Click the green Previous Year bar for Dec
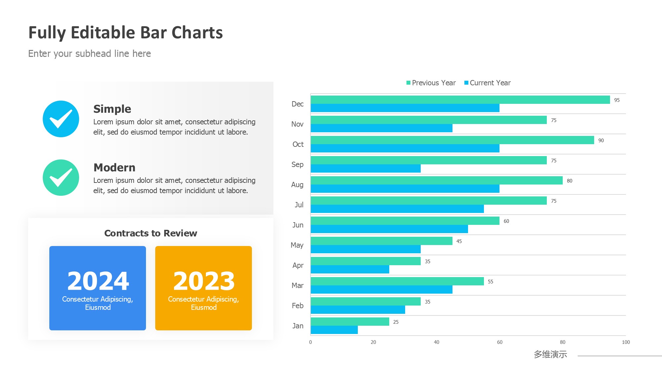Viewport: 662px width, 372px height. click(x=460, y=100)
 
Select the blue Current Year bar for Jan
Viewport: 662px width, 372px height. click(x=334, y=330)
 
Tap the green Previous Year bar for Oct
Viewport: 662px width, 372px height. click(x=452, y=140)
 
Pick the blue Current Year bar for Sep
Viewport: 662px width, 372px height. click(x=365, y=169)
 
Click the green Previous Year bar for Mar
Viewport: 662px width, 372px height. click(x=397, y=281)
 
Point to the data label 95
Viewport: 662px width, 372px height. click(x=617, y=100)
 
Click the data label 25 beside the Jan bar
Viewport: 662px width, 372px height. click(x=396, y=322)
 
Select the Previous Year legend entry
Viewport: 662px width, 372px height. click(x=431, y=83)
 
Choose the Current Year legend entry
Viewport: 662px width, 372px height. click(x=488, y=83)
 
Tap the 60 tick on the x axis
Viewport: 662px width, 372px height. click(x=499, y=342)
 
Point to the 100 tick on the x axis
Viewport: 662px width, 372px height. click(x=626, y=342)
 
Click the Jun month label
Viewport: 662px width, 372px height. click(x=298, y=225)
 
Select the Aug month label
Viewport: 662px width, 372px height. click(x=297, y=185)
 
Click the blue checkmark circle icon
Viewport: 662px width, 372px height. click(x=61, y=119)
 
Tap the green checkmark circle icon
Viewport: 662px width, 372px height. click(x=61, y=178)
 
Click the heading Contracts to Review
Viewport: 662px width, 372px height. click(x=151, y=233)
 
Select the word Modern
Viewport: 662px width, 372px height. click(x=114, y=168)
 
